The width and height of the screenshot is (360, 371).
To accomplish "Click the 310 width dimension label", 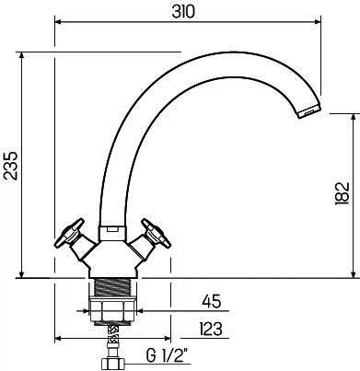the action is click(x=183, y=12).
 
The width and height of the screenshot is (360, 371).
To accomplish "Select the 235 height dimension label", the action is click(x=12, y=165).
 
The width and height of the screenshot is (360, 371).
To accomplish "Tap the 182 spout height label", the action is click(x=343, y=193).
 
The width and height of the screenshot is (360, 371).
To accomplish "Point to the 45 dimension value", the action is click(x=212, y=301).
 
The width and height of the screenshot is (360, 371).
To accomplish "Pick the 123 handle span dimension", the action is click(x=211, y=329).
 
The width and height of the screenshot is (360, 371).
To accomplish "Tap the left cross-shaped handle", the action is click(x=69, y=233).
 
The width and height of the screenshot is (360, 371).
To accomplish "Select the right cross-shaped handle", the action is click(x=156, y=233).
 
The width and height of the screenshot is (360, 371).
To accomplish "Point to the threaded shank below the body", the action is click(x=113, y=287).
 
